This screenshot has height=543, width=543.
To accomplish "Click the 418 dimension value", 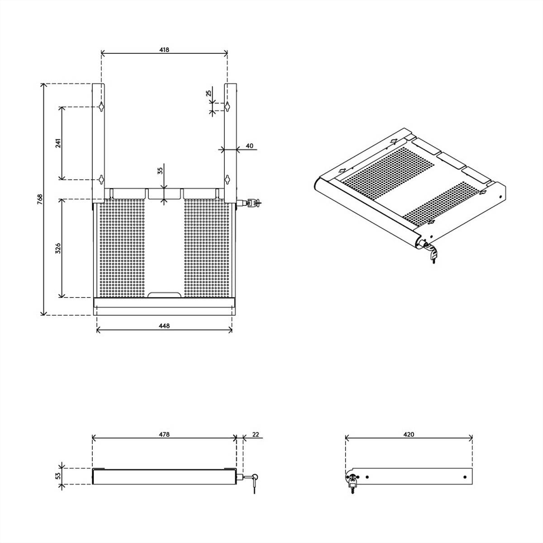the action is click(x=164, y=50).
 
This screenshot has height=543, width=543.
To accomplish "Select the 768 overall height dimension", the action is click(x=40, y=199).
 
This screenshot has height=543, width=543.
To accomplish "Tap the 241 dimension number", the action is click(x=58, y=143).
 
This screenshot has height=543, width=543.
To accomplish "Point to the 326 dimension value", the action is click(x=58, y=248).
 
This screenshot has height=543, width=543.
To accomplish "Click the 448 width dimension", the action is click(x=164, y=326).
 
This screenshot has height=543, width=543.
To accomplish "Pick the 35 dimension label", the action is click(x=160, y=171).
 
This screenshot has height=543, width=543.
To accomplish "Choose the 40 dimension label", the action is click(x=249, y=146).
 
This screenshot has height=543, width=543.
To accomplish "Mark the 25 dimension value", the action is click(x=209, y=93).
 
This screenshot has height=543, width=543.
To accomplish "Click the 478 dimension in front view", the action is click(x=164, y=434).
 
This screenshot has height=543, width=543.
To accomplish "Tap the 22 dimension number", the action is click(x=255, y=434).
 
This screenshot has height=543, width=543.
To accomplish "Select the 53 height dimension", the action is click(x=58, y=476).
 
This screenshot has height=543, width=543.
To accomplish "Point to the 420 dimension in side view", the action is click(x=409, y=434).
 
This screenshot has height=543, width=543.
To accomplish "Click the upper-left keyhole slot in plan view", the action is click(x=101, y=106).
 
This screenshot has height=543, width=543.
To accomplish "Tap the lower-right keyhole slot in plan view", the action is click(x=228, y=180).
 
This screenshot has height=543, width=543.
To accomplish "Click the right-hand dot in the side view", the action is click(x=465, y=477).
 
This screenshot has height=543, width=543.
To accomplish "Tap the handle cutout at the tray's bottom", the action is click(x=164, y=295).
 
